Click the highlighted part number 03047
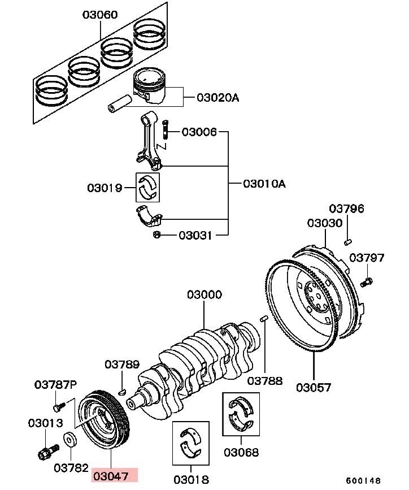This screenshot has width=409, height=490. (x=111, y=476)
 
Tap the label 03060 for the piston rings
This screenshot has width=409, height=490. (x=101, y=15)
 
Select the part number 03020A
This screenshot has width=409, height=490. (x=218, y=98)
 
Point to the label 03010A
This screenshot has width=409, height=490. (x=264, y=184)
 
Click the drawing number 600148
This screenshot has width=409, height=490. (x=363, y=480)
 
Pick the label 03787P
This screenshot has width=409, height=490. (x=55, y=385)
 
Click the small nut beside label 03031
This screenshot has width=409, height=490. (x=157, y=234)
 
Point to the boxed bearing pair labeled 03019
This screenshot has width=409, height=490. (x=147, y=187)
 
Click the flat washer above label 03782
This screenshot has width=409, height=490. (x=71, y=440)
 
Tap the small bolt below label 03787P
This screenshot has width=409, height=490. (x=59, y=407)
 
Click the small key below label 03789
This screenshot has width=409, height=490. (x=122, y=391)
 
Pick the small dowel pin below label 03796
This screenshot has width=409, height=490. (x=348, y=241)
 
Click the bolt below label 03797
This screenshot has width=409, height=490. (x=366, y=282)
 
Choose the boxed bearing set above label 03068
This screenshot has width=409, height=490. (x=241, y=414)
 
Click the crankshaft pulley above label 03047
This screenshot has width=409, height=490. (x=103, y=419)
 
